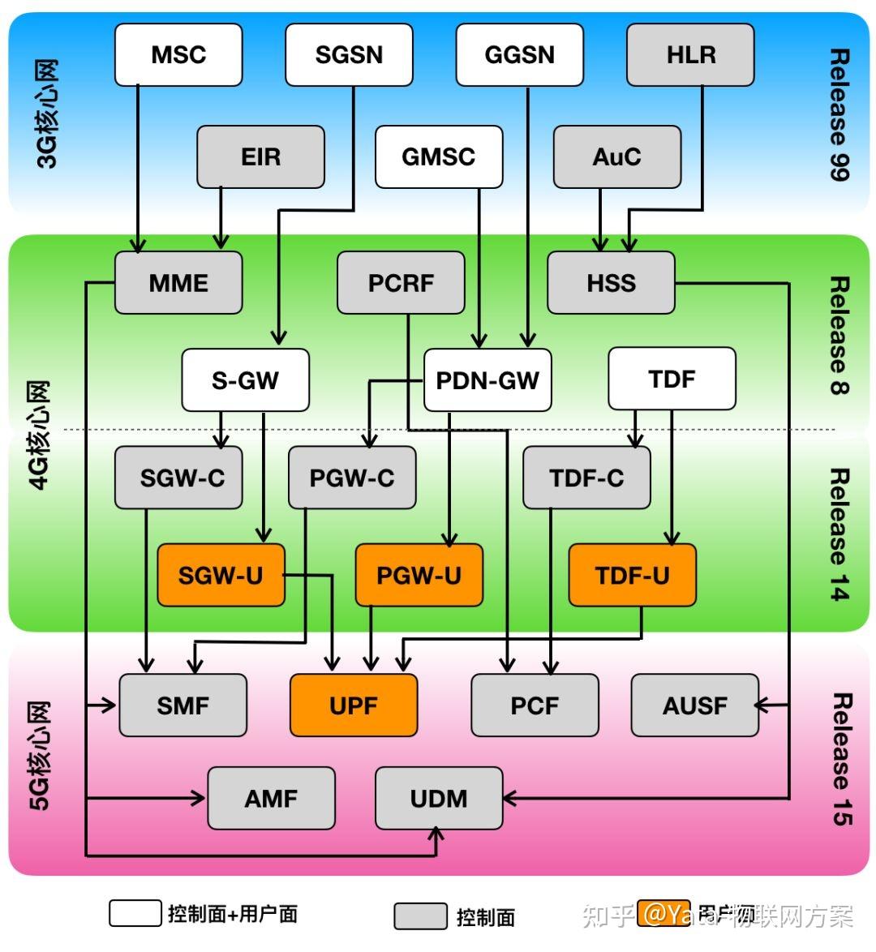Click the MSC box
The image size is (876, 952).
coord(178,55)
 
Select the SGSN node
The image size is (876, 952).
coord(349,55)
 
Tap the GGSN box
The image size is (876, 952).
coord(519,55)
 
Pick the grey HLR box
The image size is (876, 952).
coord(690,55)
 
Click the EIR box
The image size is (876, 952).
coord(260,157)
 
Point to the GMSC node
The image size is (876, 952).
coord(438,157)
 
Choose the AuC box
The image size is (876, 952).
coord(616,157)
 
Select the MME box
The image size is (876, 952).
coord(178,283)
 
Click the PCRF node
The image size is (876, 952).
coord(401,283)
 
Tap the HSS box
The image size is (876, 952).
coord(611,283)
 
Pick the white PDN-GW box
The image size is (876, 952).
coord(487,380)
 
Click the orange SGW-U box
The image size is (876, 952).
coord(221,576)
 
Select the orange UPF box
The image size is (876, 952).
coord(354,705)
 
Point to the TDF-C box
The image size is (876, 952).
coord(586,478)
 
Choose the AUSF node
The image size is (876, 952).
coord(694,705)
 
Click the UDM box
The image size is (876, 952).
coord(438,799)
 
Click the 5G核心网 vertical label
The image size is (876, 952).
coord(41,756)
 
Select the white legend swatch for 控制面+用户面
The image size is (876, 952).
coord(135,913)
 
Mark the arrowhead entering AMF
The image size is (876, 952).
coord(200,799)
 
